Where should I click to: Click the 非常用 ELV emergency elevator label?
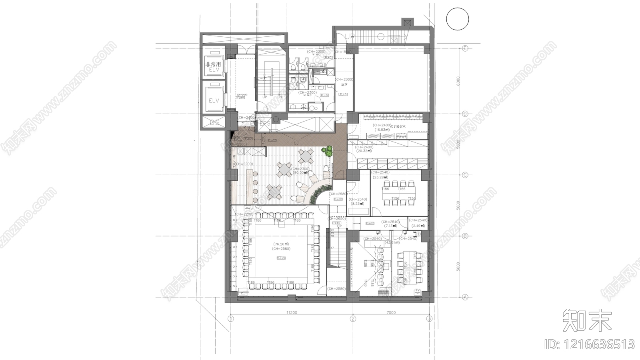point(214,66)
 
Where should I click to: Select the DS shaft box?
point(215,122)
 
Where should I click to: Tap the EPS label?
point(265,124)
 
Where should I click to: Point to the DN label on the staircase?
point(280,97)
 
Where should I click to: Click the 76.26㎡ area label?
point(282,244)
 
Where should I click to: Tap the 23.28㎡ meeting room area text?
point(380,177)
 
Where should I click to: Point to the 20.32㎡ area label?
point(364,152)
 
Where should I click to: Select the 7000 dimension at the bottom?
point(391,312)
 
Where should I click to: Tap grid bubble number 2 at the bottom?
point(353,319)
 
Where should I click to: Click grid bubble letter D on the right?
point(465,114)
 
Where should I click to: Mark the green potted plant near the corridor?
point(328,151)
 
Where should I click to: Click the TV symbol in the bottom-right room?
point(418,290)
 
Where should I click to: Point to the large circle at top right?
point(457,19)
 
